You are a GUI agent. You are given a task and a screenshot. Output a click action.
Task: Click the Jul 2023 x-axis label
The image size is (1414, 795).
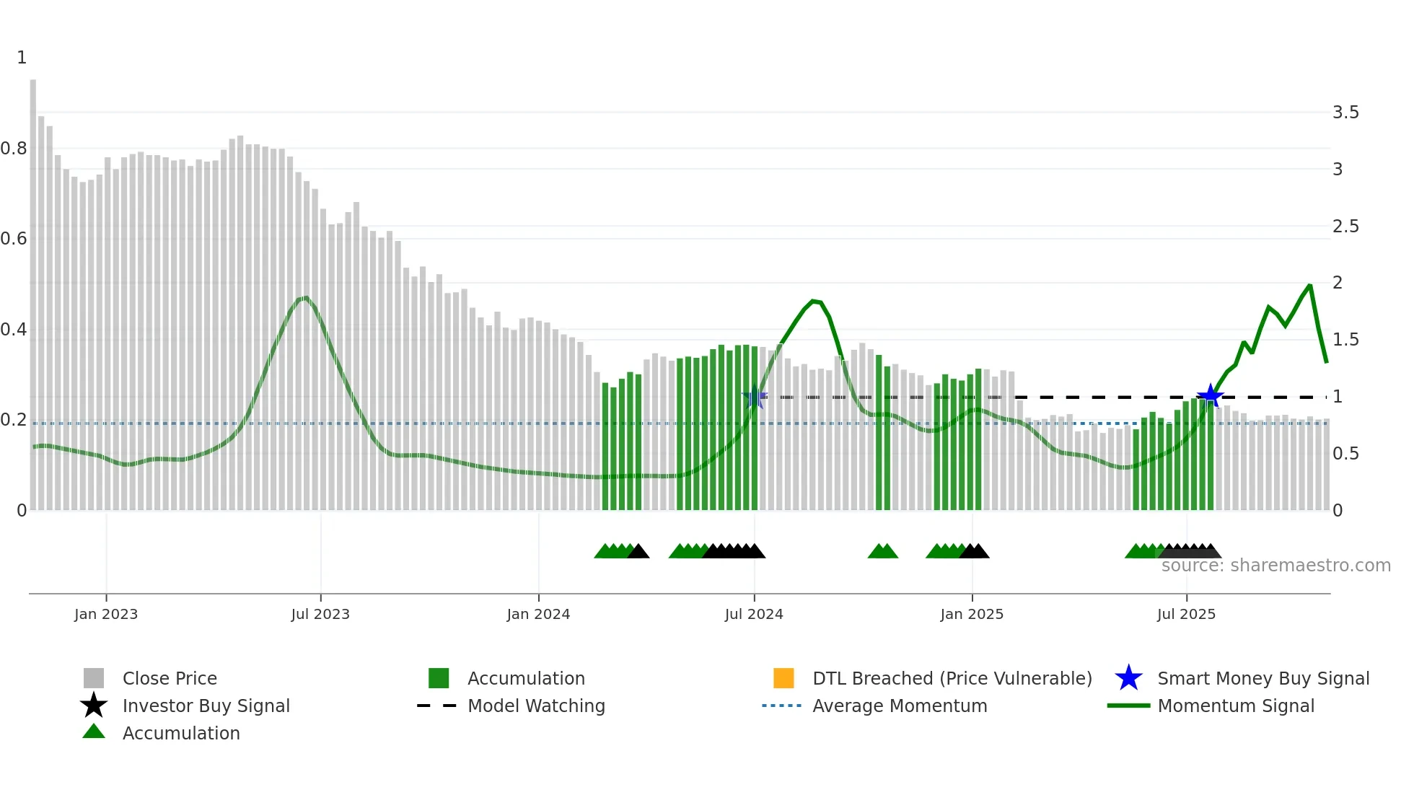click(320, 614)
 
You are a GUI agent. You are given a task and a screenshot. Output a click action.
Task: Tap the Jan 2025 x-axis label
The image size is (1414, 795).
click(972, 614)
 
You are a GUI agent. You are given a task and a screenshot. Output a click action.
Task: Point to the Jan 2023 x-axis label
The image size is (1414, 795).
click(106, 614)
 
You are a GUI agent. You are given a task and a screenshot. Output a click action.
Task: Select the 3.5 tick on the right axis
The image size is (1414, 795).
click(1345, 113)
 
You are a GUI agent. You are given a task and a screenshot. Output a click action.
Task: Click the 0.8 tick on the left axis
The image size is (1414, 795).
click(14, 149)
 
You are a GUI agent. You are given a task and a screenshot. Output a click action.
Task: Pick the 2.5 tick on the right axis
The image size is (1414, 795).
click(1345, 227)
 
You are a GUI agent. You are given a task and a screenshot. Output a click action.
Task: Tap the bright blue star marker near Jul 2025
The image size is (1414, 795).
click(1210, 395)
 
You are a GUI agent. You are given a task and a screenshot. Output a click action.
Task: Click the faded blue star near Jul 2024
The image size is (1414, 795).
click(755, 397)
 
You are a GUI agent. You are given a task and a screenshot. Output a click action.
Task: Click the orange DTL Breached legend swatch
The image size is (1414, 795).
click(783, 678)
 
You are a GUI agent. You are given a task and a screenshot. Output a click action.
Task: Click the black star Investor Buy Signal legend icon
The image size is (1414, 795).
click(94, 706)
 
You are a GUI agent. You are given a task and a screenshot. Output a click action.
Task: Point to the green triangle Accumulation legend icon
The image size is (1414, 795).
click(94, 732)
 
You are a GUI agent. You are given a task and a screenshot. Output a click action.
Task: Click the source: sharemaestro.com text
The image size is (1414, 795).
click(1275, 566)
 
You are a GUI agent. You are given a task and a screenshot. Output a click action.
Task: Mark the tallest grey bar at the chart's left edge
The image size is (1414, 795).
click(33, 289)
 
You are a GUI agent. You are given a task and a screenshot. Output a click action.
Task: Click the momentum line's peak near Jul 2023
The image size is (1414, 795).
click(306, 297)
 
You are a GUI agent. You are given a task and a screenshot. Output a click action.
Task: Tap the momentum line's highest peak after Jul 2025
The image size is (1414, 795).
click(1310, 286)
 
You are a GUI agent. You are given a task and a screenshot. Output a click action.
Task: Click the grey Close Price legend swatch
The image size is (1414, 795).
click(94, 678)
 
